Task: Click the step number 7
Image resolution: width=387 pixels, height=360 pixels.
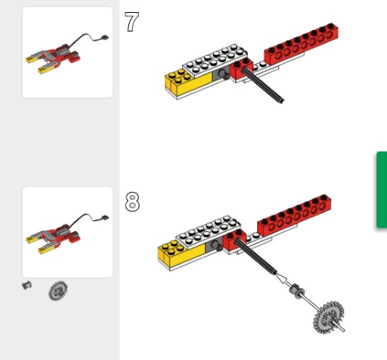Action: coord(131,22)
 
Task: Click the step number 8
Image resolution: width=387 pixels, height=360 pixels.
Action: coord(132,201)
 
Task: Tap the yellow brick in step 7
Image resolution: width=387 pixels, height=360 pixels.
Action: coord(188,82)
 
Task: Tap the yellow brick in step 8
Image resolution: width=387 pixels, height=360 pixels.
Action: coord(181,253)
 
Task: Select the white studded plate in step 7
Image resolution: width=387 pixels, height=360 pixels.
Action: coord(214,61)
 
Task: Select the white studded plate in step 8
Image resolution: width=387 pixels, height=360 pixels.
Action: coord(208,232)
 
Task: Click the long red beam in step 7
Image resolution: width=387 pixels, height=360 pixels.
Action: coord(302,44)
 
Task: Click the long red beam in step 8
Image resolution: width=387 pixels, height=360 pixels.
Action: coord(294,216)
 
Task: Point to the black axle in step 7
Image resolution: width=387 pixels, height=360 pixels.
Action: coord(263,85)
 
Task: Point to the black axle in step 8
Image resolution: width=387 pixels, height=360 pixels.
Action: coord(256,257)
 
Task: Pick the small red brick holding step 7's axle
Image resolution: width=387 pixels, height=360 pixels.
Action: coord(241,69)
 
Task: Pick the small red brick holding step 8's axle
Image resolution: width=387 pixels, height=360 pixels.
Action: coord(234,241)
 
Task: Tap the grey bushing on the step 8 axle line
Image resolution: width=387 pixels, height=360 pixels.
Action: coord(297,291)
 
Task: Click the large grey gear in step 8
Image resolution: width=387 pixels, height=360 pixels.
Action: coord(328,317)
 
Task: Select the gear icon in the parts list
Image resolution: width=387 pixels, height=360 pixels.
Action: coord(58,291)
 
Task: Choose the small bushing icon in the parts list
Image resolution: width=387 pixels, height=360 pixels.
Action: coord(27,285)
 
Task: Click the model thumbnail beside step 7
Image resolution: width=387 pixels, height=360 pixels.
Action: coord(68,52)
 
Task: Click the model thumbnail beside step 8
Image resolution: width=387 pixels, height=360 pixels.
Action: coord(68,232)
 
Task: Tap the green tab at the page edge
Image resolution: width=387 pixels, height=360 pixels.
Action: coord(381,190)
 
